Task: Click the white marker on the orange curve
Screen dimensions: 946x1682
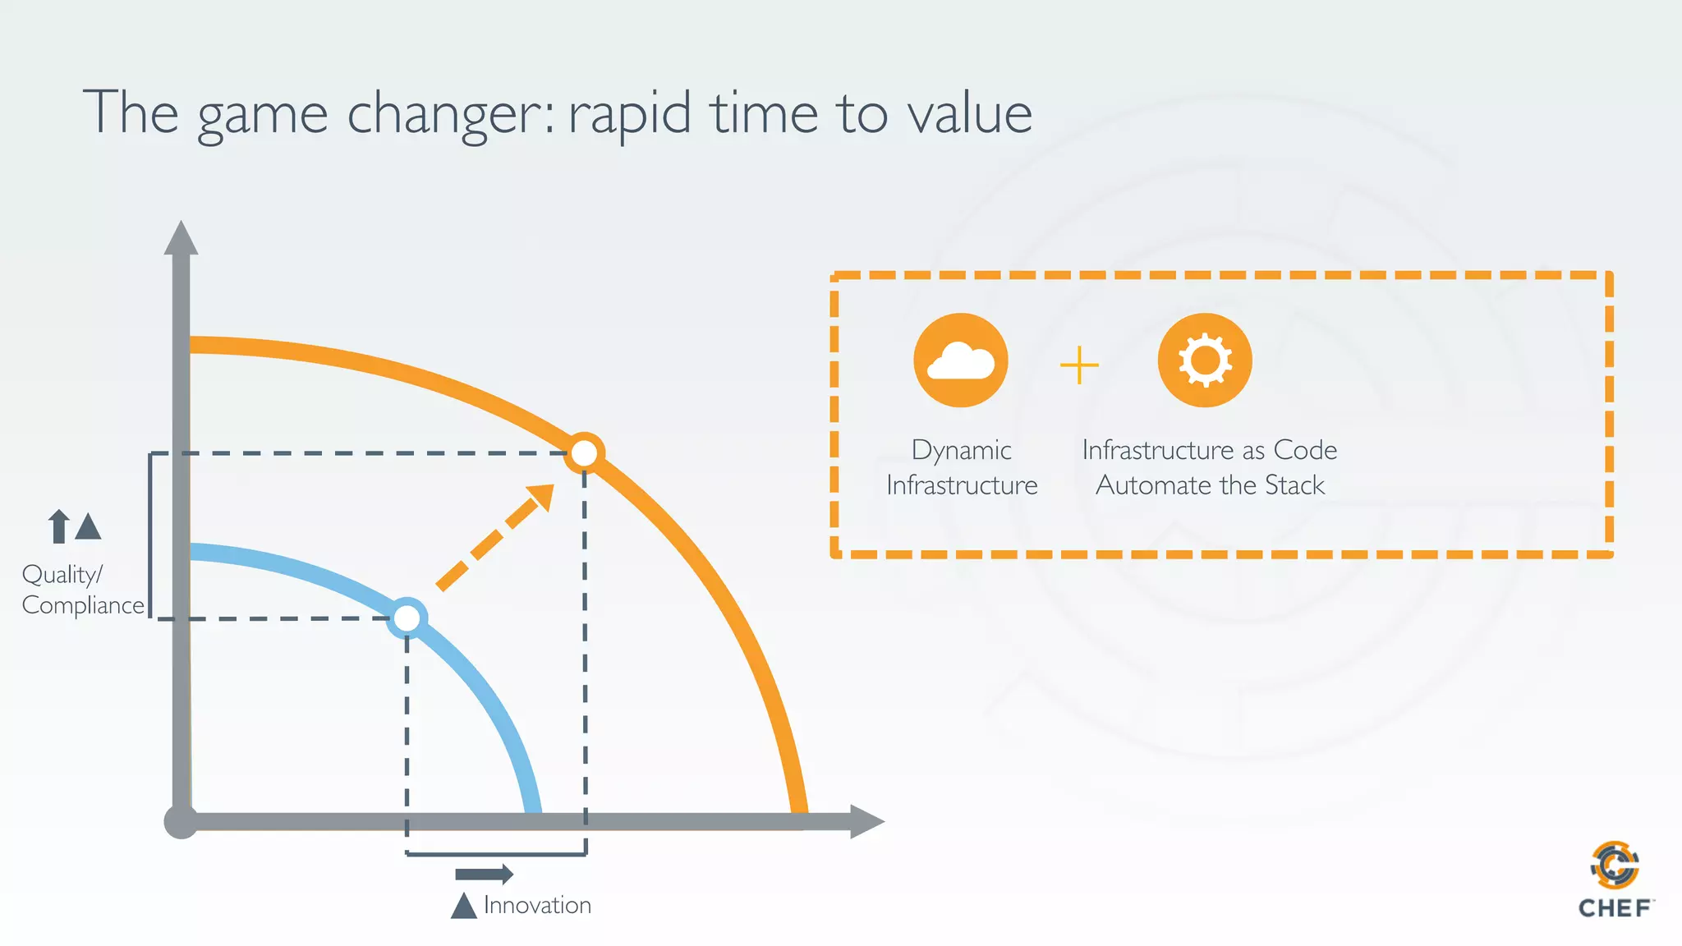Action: [x=584, y=452]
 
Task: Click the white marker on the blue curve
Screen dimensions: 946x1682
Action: [x=407, y=618]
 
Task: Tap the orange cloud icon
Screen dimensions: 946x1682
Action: [x=960, y=360]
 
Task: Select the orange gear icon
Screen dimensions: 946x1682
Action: [x=1205, y=360]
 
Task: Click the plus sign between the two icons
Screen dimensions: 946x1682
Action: [x=1079, y=365]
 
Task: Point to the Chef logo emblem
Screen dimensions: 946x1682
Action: [x=1615, y=866]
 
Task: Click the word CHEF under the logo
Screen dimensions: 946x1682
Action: [x=1615, y=908]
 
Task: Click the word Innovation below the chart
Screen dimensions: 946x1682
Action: [x=537, y=905]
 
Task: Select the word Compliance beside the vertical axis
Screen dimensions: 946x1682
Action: [x=83, y=606]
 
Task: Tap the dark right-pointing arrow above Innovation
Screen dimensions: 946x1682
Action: [x=485, y=874]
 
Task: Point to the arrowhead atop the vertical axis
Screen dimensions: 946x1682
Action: [x=181, y=238]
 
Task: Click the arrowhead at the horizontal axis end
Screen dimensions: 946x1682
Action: [x=866, y=821]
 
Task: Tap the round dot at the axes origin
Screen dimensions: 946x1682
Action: [x=181, y=821]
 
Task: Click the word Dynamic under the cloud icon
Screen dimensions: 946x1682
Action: [x=961, y=451]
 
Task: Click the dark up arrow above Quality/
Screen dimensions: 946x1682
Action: [x=58, y=526]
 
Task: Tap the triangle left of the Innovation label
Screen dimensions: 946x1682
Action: [x=464, y=906]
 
